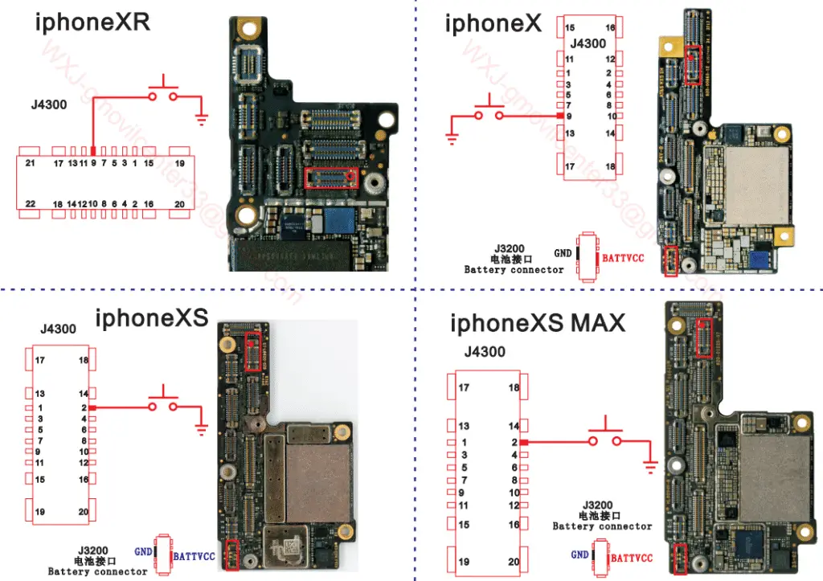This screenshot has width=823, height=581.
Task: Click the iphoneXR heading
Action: click(92, 22)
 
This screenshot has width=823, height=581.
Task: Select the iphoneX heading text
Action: click(494, 23)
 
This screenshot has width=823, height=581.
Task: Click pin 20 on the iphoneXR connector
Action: click(179, 203)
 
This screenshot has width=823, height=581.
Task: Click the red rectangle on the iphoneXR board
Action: click(332, 178)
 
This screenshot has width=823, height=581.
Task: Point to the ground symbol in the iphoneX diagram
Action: click(452, 139)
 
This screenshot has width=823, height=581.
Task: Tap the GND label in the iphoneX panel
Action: click(563, 253)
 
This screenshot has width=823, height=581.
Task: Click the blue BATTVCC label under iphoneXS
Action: click(194, 556)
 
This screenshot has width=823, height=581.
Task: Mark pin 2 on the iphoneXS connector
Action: click(84, 408)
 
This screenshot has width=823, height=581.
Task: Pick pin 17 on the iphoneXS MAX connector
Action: click(464, 388)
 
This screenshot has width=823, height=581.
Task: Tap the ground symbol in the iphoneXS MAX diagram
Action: click(649, 464)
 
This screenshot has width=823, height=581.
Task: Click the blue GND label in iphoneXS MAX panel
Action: click(579, 554)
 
